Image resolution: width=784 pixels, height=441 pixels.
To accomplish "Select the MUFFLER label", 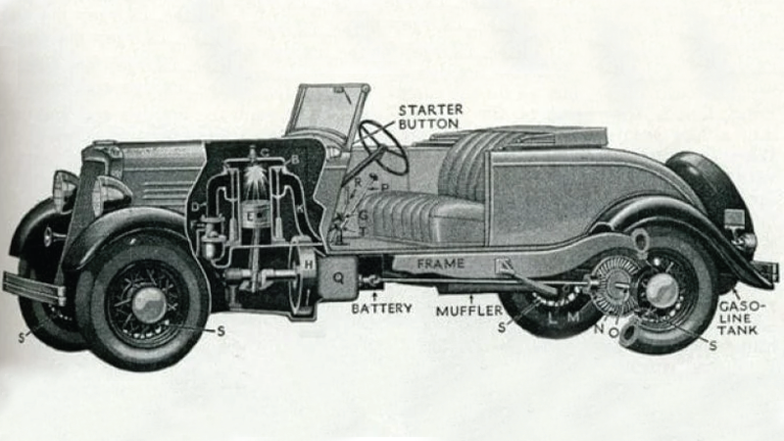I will coord(471,310).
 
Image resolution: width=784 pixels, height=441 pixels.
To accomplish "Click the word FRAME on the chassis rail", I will coord(441,264).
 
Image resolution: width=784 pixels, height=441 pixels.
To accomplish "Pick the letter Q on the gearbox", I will coord(339,277).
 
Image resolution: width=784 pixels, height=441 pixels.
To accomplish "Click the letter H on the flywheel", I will coord(309,265).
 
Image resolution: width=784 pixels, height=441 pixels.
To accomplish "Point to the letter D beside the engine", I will coord(197,207).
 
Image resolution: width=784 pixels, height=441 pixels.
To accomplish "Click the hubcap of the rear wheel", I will coord(661,290).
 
